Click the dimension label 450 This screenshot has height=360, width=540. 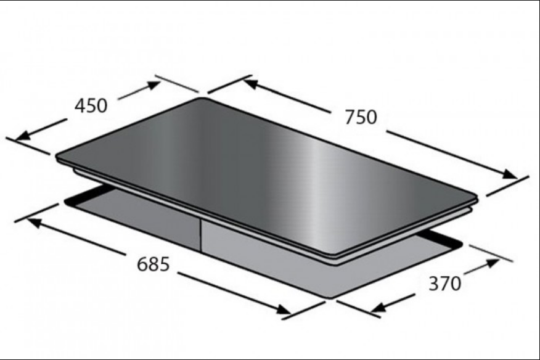91,105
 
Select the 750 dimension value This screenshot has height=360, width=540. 360,117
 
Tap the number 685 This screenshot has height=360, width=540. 153,264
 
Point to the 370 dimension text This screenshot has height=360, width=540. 444,284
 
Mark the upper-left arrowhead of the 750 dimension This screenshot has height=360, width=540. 250,81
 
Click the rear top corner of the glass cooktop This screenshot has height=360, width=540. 200,99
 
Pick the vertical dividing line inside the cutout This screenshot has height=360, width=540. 201,235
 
